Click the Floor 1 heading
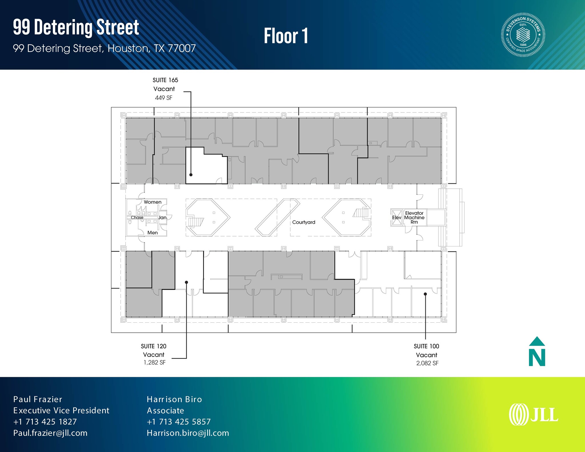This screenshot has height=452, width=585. [286, 36]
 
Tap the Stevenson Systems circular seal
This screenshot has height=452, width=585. [523, 35]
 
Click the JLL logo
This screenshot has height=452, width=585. [533, 414]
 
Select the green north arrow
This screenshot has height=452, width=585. [537, 351]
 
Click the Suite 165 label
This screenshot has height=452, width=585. [165, 80]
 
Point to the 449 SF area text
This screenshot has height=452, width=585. [164, 98]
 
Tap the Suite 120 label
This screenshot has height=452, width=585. [154, 346]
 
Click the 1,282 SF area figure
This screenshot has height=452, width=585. [155, 363]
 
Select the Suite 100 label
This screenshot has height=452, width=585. [426, 346]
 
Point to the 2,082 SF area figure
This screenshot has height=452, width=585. [427, 363]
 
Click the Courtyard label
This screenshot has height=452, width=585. [304, 222]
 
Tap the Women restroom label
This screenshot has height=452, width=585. [153, 202]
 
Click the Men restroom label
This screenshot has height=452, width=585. [153, 233]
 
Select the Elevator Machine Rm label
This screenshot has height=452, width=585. [414, 218]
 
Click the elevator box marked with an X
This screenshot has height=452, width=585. [397, 218]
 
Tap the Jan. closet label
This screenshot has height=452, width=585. [163, 218]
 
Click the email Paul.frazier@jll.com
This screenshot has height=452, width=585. [50, 433]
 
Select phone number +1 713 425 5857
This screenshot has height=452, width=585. [179, 422]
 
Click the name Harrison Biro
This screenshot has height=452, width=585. [174, 399]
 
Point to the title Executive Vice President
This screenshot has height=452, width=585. [61, 411]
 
